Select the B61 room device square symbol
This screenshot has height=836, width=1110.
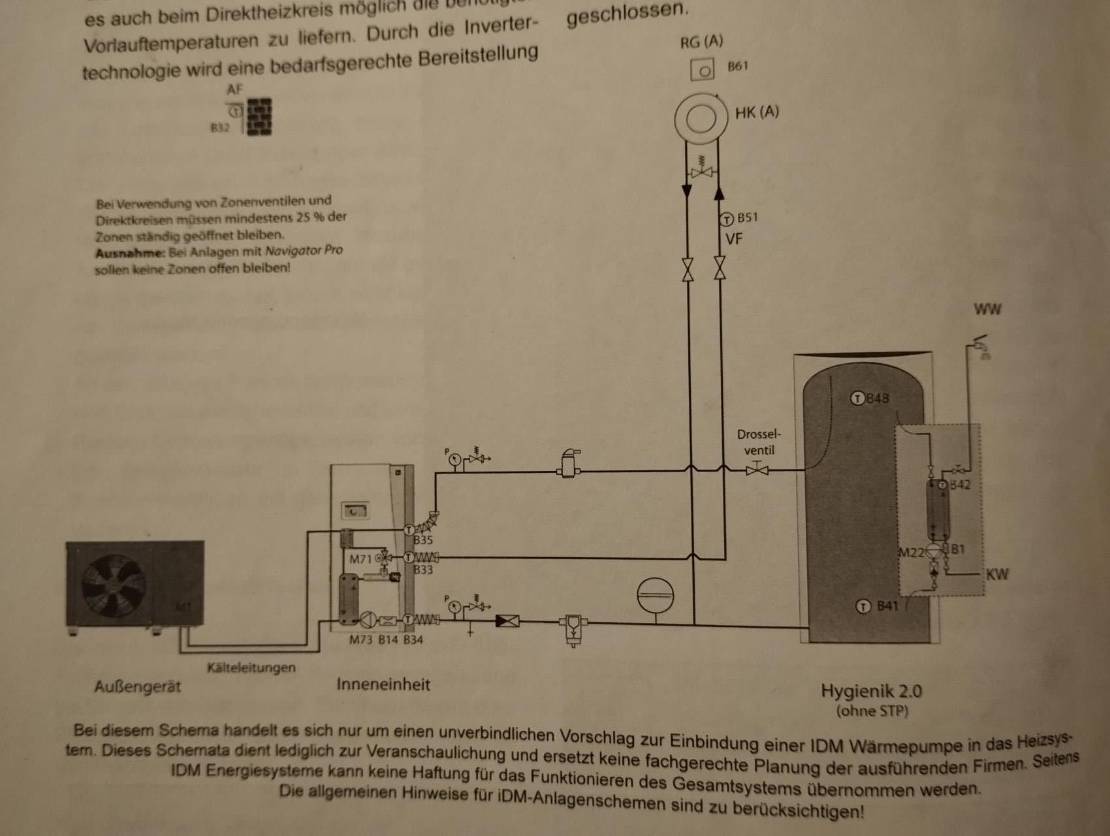coord(703,69)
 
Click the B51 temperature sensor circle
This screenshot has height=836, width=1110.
coord(727,219)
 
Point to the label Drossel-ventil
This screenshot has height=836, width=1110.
coord(759,442)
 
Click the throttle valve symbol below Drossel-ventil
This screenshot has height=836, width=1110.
coord(757,468)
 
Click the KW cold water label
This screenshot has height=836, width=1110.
coord(997,575)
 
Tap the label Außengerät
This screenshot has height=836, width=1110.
coord(137,687)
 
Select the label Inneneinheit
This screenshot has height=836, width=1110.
coord(383,684)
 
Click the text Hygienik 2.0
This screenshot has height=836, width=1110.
coord(871,691)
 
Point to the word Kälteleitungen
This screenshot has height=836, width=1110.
coord(251,667)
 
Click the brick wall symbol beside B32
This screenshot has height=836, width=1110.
coord(259,116)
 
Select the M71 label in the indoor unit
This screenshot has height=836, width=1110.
coord(360,559)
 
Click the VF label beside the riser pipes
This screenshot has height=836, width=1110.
coord(734,239)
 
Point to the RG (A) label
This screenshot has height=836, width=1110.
coord(701,42)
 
